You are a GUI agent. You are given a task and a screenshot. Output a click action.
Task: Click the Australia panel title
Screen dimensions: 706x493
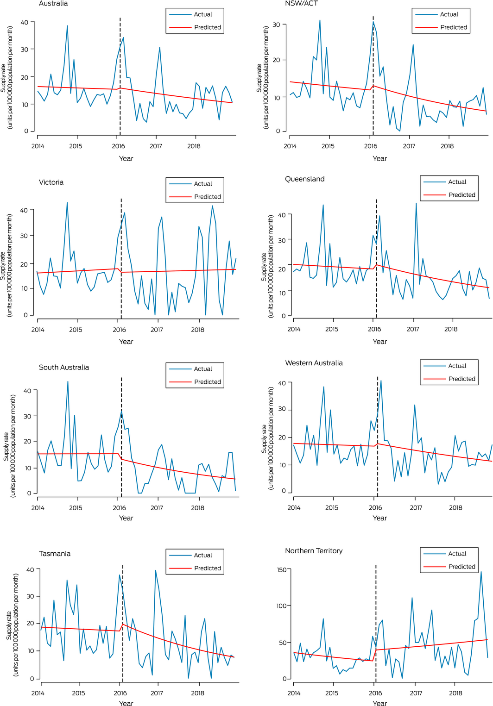click(53, 4)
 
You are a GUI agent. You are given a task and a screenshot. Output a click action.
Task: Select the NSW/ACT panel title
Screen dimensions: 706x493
click(301, 4)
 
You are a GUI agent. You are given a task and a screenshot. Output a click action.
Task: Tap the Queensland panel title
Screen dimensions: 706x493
click(304, 179)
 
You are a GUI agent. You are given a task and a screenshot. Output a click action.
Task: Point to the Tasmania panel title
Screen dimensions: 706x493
click(55, 554)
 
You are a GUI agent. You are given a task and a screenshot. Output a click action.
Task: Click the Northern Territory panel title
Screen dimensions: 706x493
click(314, 551)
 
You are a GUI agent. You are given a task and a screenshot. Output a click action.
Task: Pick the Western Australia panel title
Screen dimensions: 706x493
click(314, 363)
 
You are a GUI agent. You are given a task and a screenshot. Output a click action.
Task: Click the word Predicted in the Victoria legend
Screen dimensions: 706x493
click(208, 197)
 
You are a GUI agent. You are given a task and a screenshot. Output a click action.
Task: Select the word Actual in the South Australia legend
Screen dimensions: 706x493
click(203, 369)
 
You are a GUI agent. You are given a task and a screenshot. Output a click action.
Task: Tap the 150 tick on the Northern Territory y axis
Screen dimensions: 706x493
click(282, 569)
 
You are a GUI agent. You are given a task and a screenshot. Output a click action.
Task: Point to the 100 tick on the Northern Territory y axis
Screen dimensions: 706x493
click(282, 606)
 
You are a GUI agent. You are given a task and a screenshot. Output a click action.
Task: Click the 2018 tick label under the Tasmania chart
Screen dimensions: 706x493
click(197, 693)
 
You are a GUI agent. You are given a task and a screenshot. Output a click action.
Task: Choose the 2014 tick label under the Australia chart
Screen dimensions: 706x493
click(38, 146)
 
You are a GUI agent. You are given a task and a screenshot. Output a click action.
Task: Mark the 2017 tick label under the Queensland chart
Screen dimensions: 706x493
click(412, 329)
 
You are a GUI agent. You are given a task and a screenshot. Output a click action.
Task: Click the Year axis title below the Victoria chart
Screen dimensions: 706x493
click(126, 342)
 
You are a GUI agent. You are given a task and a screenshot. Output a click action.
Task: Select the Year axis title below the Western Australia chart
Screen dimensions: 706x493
click(379, 518)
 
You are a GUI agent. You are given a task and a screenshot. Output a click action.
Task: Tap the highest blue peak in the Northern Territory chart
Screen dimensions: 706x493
click(481, 572)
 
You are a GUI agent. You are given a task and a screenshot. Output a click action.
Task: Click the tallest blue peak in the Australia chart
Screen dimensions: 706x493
click(67, 26)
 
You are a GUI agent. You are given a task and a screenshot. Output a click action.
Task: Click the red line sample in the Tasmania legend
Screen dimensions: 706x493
click(180, 568)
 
